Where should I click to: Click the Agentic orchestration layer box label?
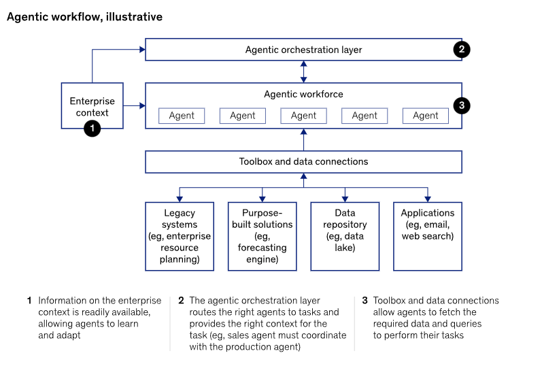tap(303, 50)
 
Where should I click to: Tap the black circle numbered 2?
tap(462, 50)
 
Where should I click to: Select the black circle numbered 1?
tap(92, 129)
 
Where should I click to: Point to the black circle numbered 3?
tap(462, 105)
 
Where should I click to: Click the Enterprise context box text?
tap(92, 107)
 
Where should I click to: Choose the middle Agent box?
tap(303, 116)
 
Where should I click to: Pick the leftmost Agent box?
tap(182, 116)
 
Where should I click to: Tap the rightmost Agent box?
tap(426, 116)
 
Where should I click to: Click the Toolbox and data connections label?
tap(303, 161)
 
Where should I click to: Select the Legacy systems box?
tap(180, 236)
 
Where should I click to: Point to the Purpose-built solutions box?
tap(262, 236)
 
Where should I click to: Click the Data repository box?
tap(345, 236)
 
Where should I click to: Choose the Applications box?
tap(428, 236)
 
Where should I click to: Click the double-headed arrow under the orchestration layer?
tap(303, 71)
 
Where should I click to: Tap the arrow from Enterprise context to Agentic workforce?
tap(134, 105)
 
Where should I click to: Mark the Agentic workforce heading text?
tap(303, 94)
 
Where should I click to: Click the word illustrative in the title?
tap(134, 16)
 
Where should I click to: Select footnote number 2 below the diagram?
tap(181, 300)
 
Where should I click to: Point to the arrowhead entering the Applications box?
tap(428, 199)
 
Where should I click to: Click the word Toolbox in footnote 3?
tap(389, 300)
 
